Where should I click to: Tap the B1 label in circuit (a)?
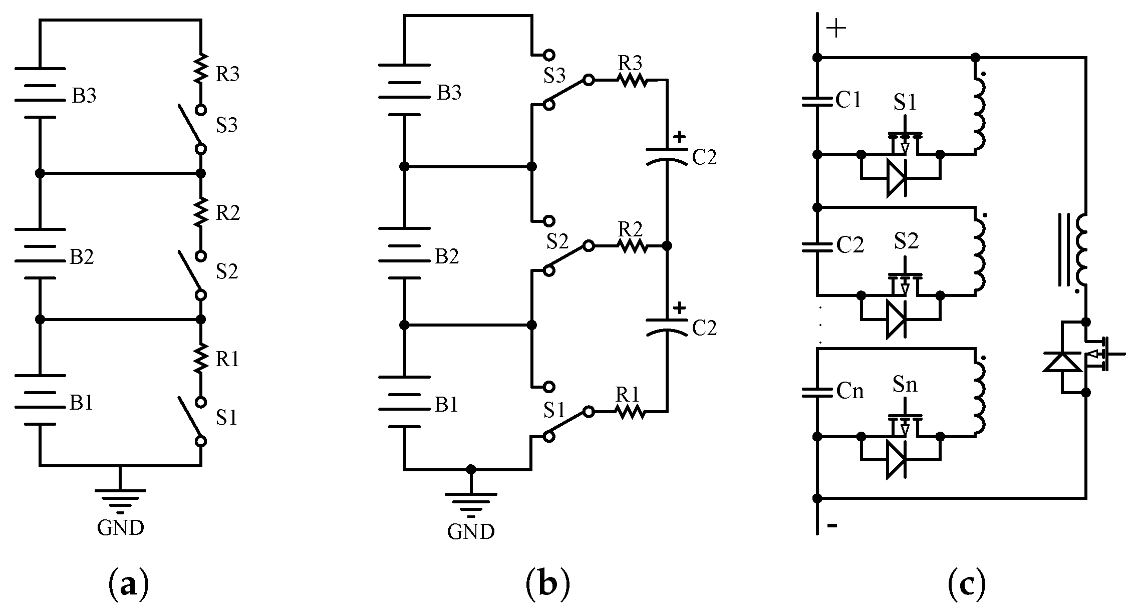(82, 402)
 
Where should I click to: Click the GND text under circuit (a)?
(121, 527)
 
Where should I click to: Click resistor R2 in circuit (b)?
(632, 246)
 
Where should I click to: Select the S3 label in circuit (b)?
(554, 75)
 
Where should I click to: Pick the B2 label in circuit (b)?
(446, 256)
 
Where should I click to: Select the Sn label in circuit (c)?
(905, 384)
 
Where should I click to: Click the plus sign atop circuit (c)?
(836, 29)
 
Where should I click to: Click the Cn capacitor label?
(850, 391)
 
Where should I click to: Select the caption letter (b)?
(548, 584)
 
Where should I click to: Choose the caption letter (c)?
(967, 584)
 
